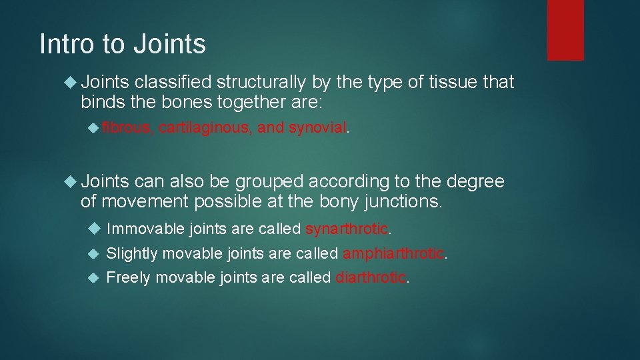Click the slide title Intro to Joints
click(x=123, y=45)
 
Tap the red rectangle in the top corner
click(x=565, y=30)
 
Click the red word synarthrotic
click(x=347, y=229)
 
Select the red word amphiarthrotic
click(x=393, y=253)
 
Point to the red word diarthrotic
click(x=371, y=277)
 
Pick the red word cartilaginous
click(x=205, y=127)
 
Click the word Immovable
click(x=137, y=229)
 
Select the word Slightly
click(x=132, y=253)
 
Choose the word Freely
click(x=128, y=277)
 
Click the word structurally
click(x=261, y=83)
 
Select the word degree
click(x=475, y=181)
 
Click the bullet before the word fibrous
click(x=94, y=127)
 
